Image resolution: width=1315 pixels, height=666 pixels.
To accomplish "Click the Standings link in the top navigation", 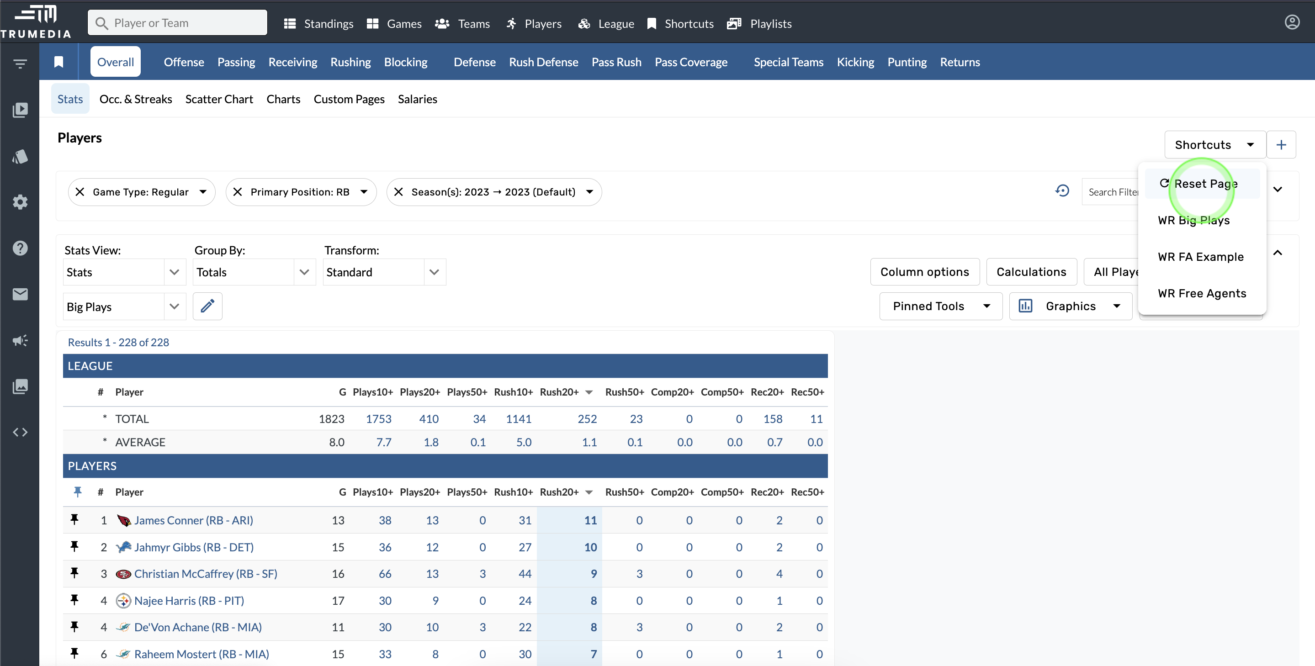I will pyautogui.click(x=319, y=23).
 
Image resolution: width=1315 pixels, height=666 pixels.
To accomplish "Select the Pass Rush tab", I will pyautogui.click(x=616, y=62).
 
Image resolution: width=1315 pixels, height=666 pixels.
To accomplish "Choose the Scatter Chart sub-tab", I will pyautogui.click(x=219, y=99).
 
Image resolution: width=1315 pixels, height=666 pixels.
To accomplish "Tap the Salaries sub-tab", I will pyautogui.click(x=417, y=99).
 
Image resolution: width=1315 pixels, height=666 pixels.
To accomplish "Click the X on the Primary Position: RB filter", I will pyautogui.click(x=238, y=192).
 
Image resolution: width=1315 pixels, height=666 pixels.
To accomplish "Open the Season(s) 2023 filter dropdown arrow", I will pyautogui.click(x=589, y=192).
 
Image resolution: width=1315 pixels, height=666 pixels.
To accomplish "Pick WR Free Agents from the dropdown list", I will pyautogui.click(x=1202, y=293).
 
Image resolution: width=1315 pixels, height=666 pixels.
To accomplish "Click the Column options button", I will pyautogui.click(x=924, y=272).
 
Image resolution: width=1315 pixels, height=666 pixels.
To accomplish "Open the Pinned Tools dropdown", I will pyautogui.click(x=941, y=306).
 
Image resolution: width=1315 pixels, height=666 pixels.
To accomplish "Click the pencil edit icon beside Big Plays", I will pyautogui.click(x=207, y=306).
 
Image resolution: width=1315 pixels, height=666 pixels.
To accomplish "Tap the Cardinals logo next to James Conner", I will pyautogui.click(x=123, y=521).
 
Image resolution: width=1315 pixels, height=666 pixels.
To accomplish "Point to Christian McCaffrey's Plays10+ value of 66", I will pyautogui.click(x=385, y=574).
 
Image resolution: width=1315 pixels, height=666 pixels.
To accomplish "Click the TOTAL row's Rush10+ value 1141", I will pyautogui.click(x=519, y=419).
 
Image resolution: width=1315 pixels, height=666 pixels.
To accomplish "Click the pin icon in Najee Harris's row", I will pyautogui.click(x=74, y=600).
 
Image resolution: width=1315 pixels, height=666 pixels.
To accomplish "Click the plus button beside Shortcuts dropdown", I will pyautogui.click(x=1281, y=145).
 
